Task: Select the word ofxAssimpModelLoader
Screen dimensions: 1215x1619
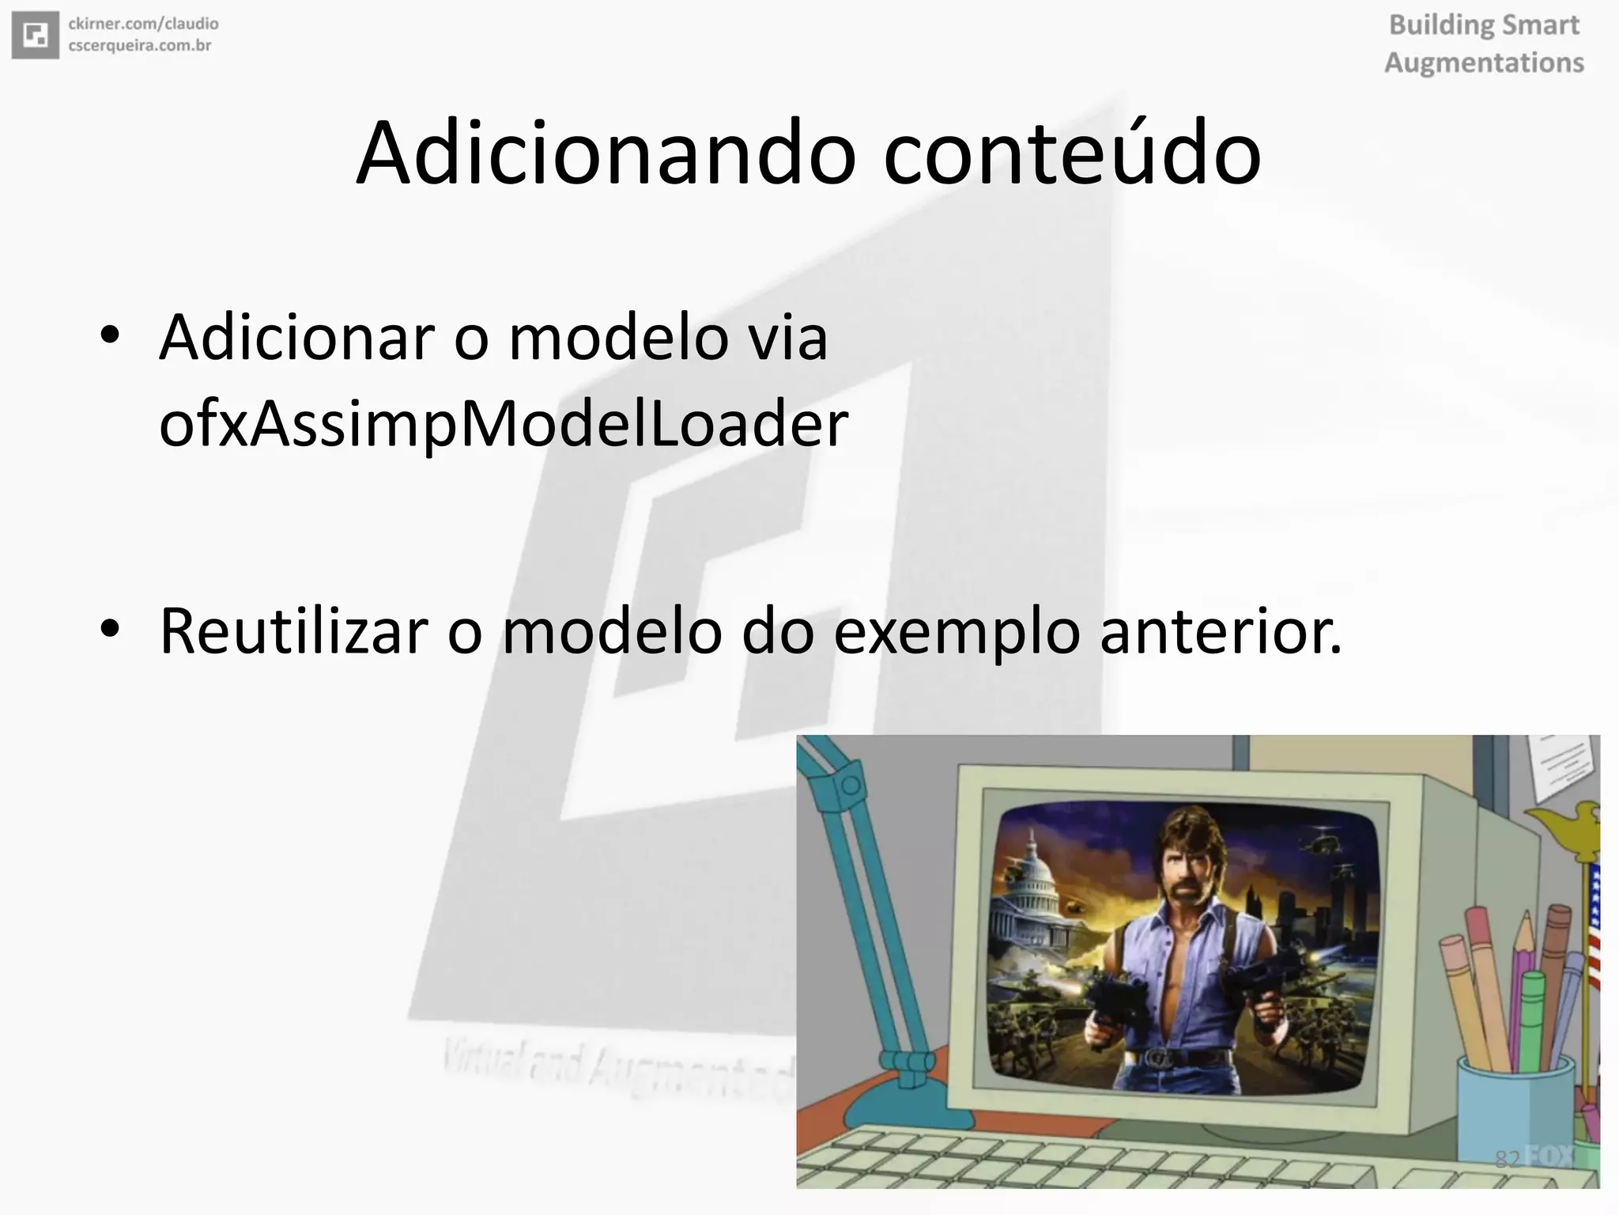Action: pos(503,424)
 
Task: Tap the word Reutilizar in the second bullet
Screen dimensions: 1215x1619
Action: pos(293,630)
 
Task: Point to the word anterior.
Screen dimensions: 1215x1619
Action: pos(1220,630)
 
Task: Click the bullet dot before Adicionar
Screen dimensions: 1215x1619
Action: pos(110,336)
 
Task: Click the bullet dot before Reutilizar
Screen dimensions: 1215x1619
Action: pos(110,629)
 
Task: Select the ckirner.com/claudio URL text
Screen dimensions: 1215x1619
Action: pos(143,24)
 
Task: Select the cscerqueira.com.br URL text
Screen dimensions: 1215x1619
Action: pos(139,46)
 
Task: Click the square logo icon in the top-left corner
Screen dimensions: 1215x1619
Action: pos(36,35)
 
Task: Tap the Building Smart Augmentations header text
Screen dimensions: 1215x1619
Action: pos(1484,44)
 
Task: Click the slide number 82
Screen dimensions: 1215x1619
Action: pos(1507,1159)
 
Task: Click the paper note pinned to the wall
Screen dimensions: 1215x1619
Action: pos(1561,763)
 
